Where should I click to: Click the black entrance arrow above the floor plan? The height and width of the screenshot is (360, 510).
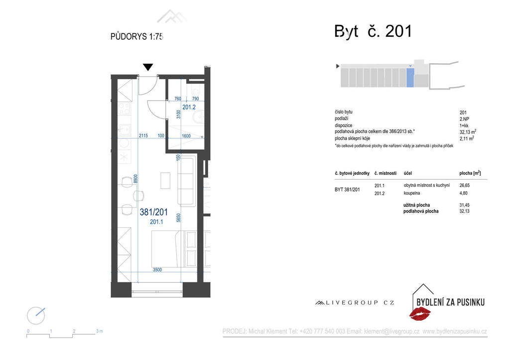coord(148,67)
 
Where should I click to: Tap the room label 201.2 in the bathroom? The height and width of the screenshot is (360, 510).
coord(189,107)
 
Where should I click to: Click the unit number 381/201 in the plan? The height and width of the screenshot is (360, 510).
coord(154,212)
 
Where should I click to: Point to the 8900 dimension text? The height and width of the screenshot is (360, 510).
coord(135,179)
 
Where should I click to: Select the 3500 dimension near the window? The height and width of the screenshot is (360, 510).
coord(157,269)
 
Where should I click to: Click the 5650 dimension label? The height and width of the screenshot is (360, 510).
coord(178,218)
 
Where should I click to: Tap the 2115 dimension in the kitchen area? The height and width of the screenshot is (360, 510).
coord(143,135)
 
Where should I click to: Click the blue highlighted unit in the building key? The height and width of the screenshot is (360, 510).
coord(410,77)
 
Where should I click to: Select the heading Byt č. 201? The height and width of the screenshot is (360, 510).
coord(373,31)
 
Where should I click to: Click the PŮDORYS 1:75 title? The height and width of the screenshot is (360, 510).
coord(136,36)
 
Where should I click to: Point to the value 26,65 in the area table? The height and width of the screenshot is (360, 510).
coord(464,185)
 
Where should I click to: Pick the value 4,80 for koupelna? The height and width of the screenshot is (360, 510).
coord(464,193)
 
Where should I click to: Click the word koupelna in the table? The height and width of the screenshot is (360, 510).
coord(411,193)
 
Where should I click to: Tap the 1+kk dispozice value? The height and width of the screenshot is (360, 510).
coord(464,125)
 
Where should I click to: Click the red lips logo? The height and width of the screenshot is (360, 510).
coord(420,314)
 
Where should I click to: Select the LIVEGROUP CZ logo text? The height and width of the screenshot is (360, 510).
coord(355,303)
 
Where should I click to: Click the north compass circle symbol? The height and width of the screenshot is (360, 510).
coord(36,316)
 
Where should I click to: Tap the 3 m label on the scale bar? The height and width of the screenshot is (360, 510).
coord(100,331)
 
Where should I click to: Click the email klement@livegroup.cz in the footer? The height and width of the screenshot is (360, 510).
coord(391,332)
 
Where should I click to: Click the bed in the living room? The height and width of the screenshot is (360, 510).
coord(174,248)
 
